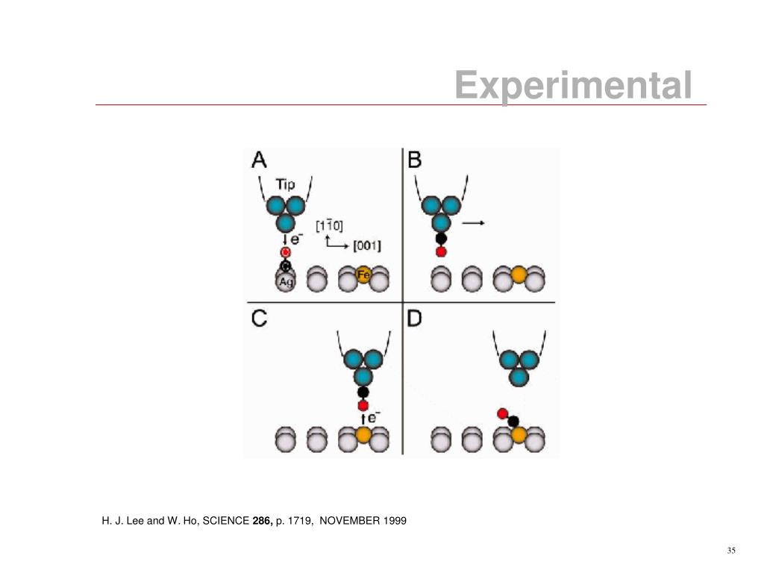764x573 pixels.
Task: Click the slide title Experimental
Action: (573, 85)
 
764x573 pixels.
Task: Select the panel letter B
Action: (415, 160)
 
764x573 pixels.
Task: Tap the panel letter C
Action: (259, 319)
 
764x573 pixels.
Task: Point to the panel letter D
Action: (415, 319)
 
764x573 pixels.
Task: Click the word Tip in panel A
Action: (285, 184)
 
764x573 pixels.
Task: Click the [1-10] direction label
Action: (329, 225)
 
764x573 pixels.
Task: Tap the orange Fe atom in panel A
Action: (364, 275)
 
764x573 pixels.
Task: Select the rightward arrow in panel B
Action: (474, 222)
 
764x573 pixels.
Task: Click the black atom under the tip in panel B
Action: (441, 239)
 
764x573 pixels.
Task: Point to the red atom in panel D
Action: (502, 413)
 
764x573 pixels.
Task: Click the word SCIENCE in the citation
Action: (227, 520)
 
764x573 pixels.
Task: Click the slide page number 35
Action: (730, 551)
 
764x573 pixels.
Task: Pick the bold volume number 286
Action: (262, 520)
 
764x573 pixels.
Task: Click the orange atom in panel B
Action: (519, 276)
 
